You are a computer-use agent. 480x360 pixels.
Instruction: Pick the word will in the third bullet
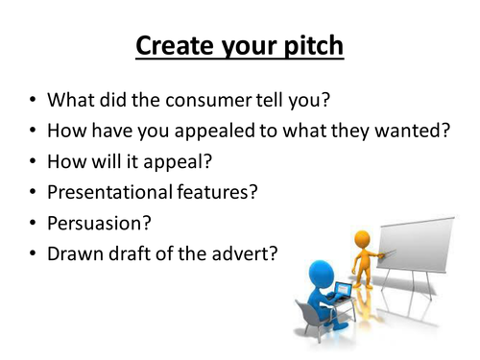click(116, 160)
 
